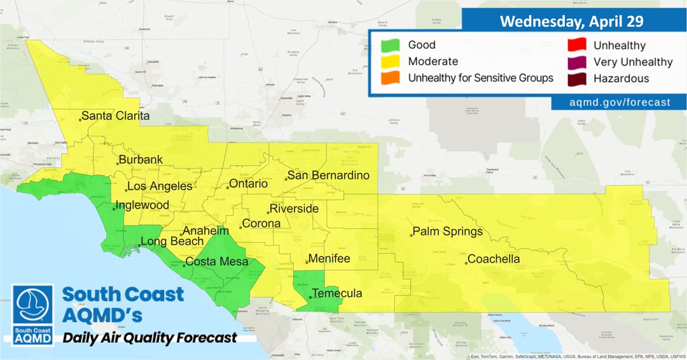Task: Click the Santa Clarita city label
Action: click(x=115, y=116)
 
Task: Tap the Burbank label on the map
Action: click(x=142, y=160)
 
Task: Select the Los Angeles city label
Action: click(x=160, y=186)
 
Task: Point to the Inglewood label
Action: click(x=143, y=205)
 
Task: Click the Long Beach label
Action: click(x=172, y=242)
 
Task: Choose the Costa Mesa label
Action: click(x=217, y=261)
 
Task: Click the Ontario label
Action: click(x=248, y=184)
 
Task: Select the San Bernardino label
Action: click(x=328, y=176)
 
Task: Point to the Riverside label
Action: click(x=294, y=209)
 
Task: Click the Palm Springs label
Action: click(x=448, y=232)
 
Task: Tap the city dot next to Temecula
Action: click(x=310, y=297)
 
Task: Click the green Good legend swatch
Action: click(x=390, y=45)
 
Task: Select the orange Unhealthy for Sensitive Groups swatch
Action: click(x=390, y=78)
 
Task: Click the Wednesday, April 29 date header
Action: click(x=571, y=21)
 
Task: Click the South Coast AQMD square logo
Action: click(x=33, y=314)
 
